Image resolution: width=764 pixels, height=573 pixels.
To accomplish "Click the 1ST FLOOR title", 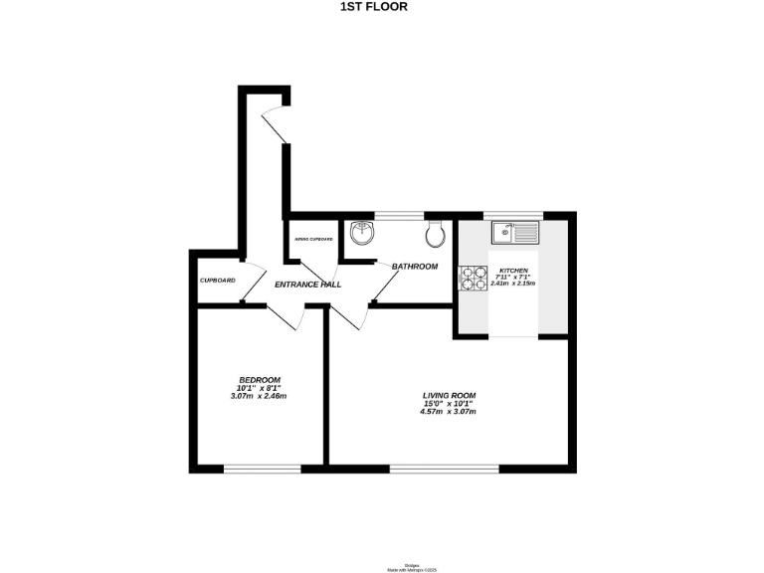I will click(x=373, y=6).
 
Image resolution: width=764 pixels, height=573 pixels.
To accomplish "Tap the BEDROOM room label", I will click(x=259, y=380).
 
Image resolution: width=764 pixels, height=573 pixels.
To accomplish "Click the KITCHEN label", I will click(x=513, y=270).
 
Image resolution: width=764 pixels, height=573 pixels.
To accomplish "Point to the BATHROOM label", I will click(x=414, y=267).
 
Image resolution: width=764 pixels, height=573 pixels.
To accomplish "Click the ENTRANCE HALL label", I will click(x=308, y=285).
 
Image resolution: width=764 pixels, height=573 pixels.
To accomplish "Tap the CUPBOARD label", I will click(x=217, y=281).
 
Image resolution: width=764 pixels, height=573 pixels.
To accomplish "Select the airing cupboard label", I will click(x=312, y=240).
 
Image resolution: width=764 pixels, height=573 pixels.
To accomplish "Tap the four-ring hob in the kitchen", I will click(x=469, y=278).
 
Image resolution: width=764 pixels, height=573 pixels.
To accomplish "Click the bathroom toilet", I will click(x=434, y=235).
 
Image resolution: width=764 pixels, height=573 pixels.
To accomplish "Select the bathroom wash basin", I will click(x=363, y=234).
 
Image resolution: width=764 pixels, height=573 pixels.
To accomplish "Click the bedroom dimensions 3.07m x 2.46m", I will click(x=259, y=397).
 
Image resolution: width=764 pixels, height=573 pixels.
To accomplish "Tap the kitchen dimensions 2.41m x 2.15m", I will click(x=513, y=284).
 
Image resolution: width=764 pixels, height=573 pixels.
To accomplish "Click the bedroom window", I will click(x=262, y=468).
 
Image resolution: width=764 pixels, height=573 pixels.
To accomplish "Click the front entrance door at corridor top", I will click(x=274, y=125).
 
